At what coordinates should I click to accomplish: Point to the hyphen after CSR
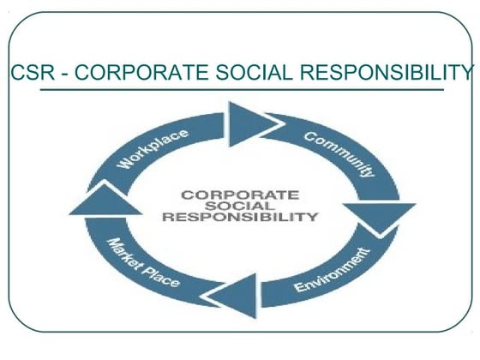[63, 74]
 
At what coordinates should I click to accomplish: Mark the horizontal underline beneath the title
[231, 88]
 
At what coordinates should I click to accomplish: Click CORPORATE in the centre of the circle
[239, 195]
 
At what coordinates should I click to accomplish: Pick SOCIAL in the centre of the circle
[240, 206]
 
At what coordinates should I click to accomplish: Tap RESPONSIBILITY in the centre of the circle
[239, 217]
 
